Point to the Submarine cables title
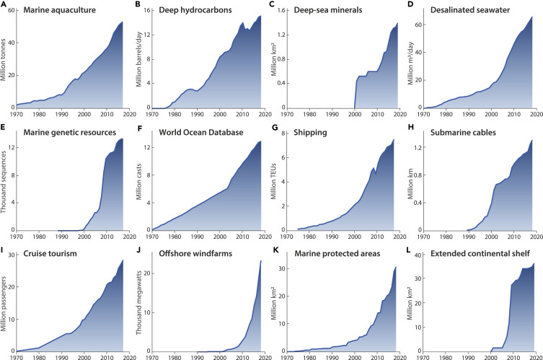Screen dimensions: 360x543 (475, 132)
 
